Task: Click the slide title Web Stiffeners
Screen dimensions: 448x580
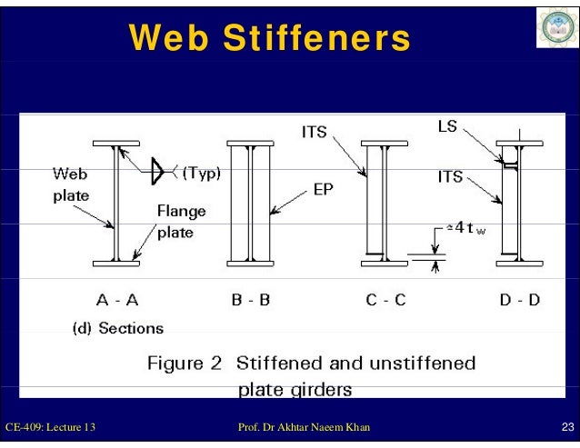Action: pyautogui.click(x=269, y=37)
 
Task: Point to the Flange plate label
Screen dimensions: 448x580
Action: pyautogui.click(x=182, y=221)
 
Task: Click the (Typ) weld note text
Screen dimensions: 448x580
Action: pyautogui.click(x=202, y=171)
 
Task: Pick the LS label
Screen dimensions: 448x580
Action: pyautogui.click(x=446, y=127)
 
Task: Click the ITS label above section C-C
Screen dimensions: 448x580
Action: pyautogui.click(x=315, y=133)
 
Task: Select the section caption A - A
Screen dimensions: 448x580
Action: pyautogui.click(x=116, y=299)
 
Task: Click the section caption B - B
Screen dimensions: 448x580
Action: pyautogui.click(x=251, y=299)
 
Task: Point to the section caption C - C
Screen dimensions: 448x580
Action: pyautogui.click(x=386, y=299)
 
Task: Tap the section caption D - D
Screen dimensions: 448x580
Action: pyautogui.click(x=519, y=299)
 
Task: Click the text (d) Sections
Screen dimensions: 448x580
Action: pyautogui.click(x=118, y=328)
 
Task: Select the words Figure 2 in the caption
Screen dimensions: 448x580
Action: pyautogui.click(x=185, y=363)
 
